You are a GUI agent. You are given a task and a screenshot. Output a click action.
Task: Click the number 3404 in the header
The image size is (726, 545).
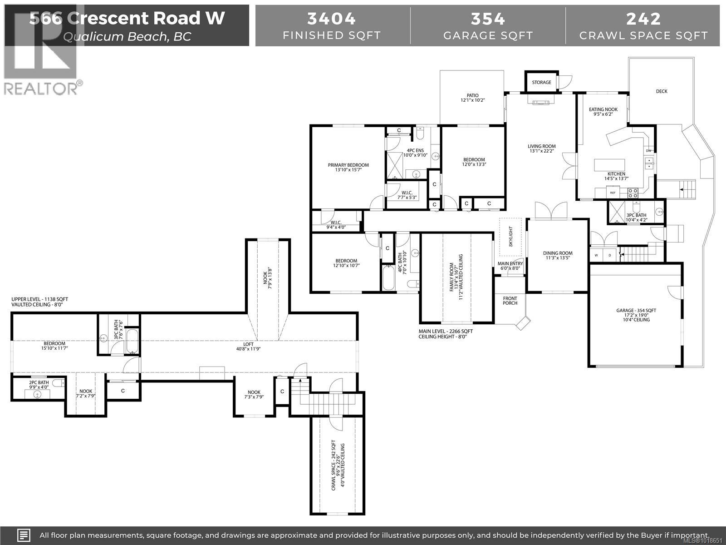click(x=331, y=19)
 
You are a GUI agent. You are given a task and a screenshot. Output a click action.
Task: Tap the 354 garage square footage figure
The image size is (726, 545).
click(x=488, y=19)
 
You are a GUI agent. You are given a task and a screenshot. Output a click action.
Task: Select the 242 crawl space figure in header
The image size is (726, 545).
click(x=643, y=19)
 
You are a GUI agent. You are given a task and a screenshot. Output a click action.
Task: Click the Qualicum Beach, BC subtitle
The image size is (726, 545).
click(x=127, y=36)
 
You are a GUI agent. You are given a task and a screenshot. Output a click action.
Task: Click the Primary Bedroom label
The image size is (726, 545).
click(x=348, y=165)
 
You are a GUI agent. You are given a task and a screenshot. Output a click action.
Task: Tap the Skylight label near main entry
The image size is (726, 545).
click(x=510, y=237)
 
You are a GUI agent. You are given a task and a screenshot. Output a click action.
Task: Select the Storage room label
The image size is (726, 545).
click(x=541, y=82)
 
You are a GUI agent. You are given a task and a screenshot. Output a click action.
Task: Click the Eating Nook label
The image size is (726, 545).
click(x=603, y=109)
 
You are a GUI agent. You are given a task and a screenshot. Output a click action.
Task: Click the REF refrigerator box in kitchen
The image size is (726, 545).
click(x=613, y=193)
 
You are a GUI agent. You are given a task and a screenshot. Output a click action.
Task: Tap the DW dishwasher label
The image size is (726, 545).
click(x=648, y=151)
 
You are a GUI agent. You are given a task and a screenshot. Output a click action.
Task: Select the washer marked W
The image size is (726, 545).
click(x=597, y=255)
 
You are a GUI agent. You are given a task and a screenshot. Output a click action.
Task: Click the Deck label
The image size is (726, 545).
click(x=662, y=91)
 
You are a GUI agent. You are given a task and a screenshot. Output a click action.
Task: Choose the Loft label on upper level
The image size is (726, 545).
click(x=248, y=344)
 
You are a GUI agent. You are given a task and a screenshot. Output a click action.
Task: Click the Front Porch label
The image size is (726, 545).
click(x=510, y=301)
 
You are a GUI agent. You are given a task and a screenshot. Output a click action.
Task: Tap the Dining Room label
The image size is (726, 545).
click(x=558, y=253)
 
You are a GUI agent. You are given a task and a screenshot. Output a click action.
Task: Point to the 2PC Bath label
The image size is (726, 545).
click(x=39, y=382)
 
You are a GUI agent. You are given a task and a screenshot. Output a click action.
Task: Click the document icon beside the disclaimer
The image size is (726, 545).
click(x=24, y=535)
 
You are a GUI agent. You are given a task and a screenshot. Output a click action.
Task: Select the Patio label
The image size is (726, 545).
click(x=473, y=96)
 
